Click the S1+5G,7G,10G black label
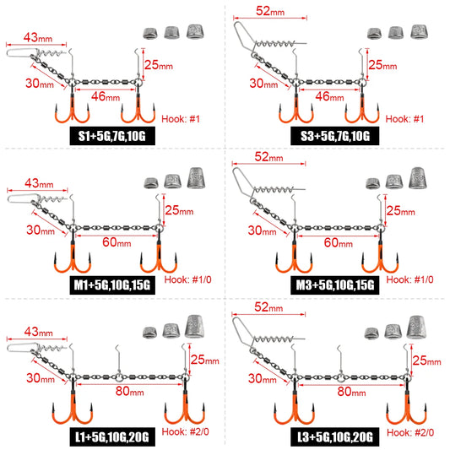point(112,136)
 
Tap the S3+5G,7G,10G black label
point(334,136)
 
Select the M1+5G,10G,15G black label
point(112,285)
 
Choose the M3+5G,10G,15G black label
point(334,285)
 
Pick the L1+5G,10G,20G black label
point(112,436)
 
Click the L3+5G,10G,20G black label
point(334,436)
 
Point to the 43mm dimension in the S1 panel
point(38,38)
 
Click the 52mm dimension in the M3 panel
point(268,157)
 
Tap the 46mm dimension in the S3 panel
point(329,96)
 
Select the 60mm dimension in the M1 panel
point(117,242)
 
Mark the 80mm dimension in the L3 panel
point(351,392)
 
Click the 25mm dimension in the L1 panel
point(204,360)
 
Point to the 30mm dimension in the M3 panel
point(262,230)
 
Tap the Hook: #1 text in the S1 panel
point(181,119)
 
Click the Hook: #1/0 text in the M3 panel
point(409,279)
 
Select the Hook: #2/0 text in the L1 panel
point(186,431)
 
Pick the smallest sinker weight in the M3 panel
point(373,183)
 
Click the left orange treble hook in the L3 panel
point(294,408)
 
